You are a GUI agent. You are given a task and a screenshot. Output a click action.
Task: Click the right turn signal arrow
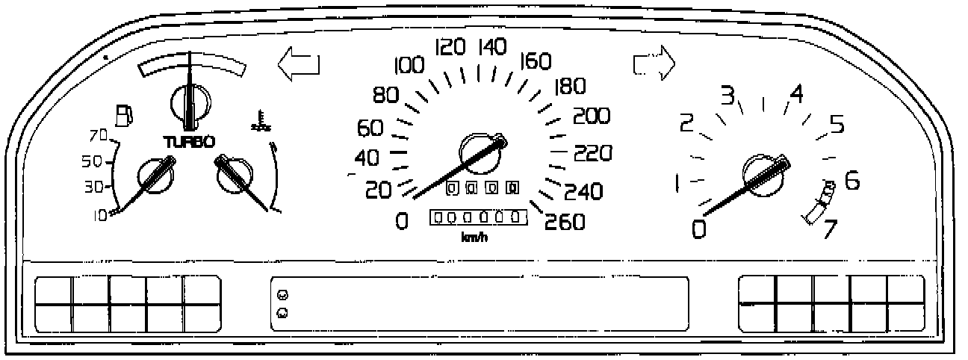[654, 64]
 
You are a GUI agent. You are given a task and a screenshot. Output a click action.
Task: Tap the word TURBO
[190, 141]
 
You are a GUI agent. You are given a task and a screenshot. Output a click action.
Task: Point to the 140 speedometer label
[492, 49]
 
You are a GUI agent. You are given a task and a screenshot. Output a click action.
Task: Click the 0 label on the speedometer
[403, 221]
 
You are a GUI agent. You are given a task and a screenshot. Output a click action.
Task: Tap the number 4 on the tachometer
[797, 94]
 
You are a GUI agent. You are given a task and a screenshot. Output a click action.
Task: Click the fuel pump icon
[125, 115]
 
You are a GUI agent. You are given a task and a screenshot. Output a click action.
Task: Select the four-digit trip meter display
[482, 187]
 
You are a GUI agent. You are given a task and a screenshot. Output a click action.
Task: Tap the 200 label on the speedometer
[592, 117]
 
